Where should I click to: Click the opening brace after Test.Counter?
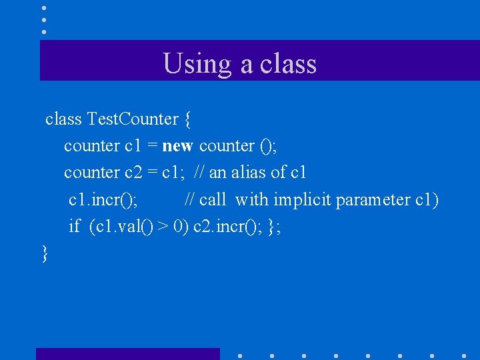pos(188,120)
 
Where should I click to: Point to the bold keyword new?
pos(177,146)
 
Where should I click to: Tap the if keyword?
pos(75,227)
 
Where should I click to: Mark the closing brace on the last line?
pos(45,254)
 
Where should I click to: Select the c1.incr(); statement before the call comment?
pos(103,200)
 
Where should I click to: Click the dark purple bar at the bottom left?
pos(127,354)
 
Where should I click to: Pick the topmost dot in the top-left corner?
pos(44,7)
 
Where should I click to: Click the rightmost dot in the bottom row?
pos(464,355)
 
